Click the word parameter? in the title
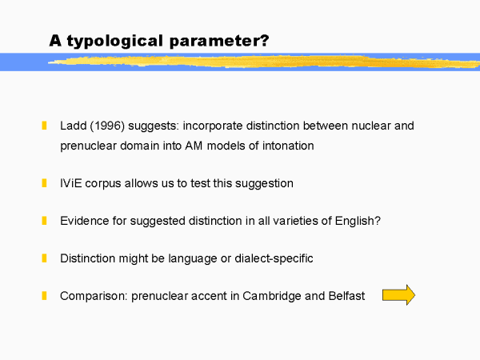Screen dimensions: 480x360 click(219, 41)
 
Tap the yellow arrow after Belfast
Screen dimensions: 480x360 click(398, 294)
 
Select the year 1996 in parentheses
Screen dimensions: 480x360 click(107, 126)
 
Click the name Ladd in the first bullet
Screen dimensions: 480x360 click(74, 126)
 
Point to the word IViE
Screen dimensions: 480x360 click(71, 183)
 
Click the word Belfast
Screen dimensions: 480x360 click(346, 296)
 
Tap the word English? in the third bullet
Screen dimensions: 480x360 click(358, 221)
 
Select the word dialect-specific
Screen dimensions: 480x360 click(274, 258)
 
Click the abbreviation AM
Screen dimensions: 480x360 click(194, 146)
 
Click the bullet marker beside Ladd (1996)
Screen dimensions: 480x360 click(44, 126)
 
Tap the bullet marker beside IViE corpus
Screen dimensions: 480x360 click(44, 183)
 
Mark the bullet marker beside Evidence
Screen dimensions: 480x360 click(44, 221)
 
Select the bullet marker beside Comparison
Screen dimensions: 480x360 click(44, 296)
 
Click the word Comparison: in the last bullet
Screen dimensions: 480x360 click(94, 296)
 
